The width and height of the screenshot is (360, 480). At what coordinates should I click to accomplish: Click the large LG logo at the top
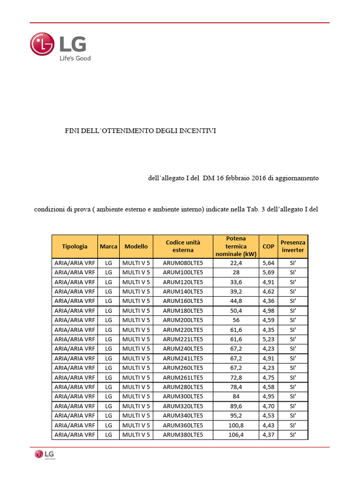click(x=58, y=44)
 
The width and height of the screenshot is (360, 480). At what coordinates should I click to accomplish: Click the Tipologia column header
click(x=75, y=246)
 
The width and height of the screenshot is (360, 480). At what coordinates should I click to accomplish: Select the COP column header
click(x=269, y=246)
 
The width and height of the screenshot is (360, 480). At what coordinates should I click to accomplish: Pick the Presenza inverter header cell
click(x=293, y=246)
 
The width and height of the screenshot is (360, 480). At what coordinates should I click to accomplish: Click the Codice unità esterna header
click(x=183, y=246)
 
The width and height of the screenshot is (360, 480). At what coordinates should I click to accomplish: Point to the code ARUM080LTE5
click(x=183, y=263)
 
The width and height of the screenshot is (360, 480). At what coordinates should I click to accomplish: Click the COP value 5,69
click(x=269, y=272)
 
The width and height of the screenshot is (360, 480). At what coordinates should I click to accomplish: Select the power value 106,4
click(x=236, y=435)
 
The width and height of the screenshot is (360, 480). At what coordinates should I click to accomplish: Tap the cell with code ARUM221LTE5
click(x=183, y=339)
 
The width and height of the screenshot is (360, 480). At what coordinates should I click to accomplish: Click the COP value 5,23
click(x=269, y=339)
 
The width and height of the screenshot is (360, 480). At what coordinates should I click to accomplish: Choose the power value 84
click(x=236, y=397)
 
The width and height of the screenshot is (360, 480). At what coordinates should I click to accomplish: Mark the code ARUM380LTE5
click(x=183, y=435)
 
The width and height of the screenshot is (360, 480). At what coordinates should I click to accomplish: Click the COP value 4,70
click(x=269, y=406)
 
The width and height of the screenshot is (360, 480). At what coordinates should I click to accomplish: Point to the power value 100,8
click(x=236, y=425)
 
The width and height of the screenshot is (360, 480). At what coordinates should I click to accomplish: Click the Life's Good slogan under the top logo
click(x=74, y=59)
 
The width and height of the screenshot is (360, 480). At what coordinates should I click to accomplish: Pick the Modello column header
click(x=136, y=246)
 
